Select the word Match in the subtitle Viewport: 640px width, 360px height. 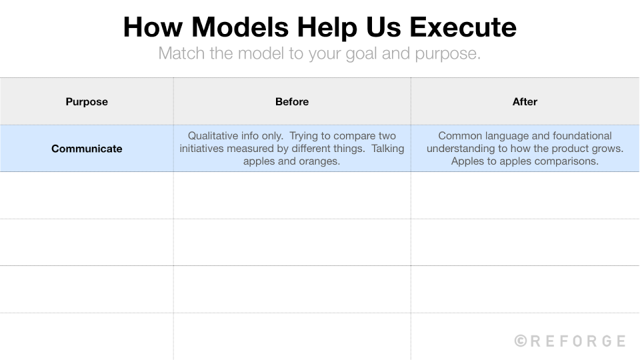tap(180, 53)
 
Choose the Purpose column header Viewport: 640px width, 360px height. tap(87, 102)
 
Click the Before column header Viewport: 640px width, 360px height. tap(292, 102)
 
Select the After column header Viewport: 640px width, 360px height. tap(525, 102)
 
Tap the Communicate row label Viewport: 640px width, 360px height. tap(87, 149)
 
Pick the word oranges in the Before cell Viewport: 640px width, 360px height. tap(319, 161)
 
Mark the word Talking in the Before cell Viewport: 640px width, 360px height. tap(388, 149)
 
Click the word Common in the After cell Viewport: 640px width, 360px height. tap(460, 136)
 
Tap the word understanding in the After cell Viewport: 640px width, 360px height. tap(459, 149)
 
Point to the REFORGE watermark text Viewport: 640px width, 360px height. tap(577, 341)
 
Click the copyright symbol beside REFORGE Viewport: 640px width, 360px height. tap(521, 341)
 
